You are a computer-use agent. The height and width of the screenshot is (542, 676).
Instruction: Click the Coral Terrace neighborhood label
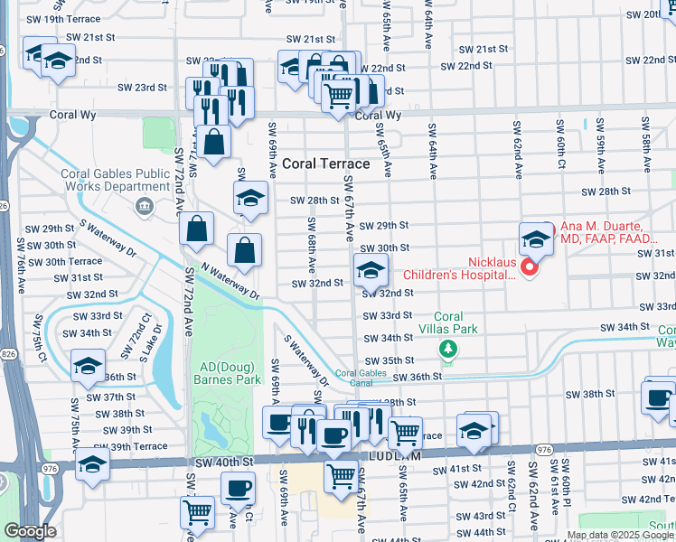click(326, 164)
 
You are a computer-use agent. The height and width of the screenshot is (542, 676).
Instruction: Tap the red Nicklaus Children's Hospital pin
click(531, 269)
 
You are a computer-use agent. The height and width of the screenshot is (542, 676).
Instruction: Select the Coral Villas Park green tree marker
click(446, 348)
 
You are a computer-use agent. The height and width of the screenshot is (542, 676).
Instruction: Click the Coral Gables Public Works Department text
click(115, 181)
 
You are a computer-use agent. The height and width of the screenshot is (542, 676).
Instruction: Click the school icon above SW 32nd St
click(370, 270)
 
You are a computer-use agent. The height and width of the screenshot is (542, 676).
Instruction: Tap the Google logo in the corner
click(30, 531)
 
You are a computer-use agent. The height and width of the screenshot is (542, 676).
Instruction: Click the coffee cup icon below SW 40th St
click(237, 489)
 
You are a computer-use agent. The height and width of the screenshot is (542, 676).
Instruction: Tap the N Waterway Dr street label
click(230, 281)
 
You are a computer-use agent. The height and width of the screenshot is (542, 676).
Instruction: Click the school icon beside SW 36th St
click(88, 366)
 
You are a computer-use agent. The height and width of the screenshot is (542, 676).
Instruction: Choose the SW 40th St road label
click(220, 463)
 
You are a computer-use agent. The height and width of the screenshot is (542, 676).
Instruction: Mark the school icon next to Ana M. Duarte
click(536, 239)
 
